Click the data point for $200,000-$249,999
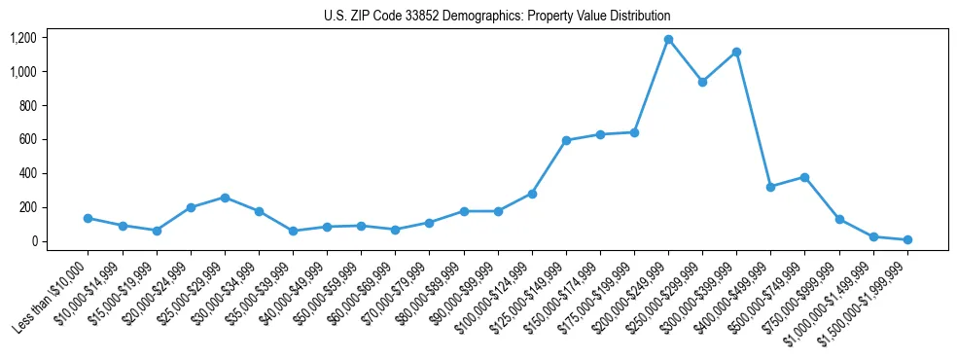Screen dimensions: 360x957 [x=668, y=40]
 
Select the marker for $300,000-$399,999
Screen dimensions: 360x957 [x=736, y=52]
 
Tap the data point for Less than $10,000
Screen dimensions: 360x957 [x=88, y=218]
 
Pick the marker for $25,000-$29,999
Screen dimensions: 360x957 [x=225, y=198]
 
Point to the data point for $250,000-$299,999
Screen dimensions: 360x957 [x=702, y=82]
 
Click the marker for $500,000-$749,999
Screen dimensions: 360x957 [x=804, y=177]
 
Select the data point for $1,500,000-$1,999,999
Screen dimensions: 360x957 [x=907, y=239]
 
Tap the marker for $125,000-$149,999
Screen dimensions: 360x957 [x=566, y=140]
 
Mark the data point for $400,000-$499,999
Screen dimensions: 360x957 [x=770, y=187]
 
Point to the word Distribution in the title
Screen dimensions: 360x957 [x=638, y=17]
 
